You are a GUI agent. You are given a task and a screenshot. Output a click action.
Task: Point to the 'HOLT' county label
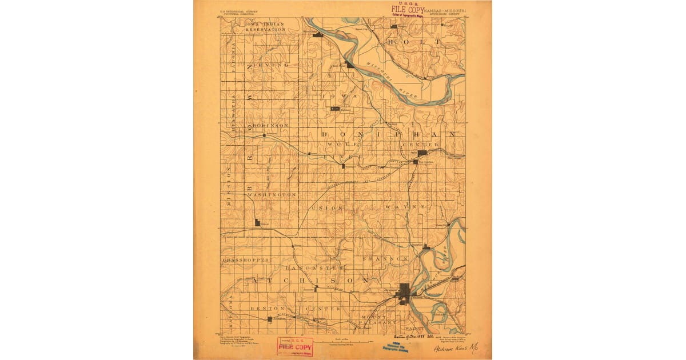[414, 42]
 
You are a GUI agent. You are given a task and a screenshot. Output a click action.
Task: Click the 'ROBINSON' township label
[268, 125]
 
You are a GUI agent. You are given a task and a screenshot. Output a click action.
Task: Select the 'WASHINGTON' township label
[272, 195]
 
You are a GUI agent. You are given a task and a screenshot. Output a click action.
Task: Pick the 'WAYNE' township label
[405, 206]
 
